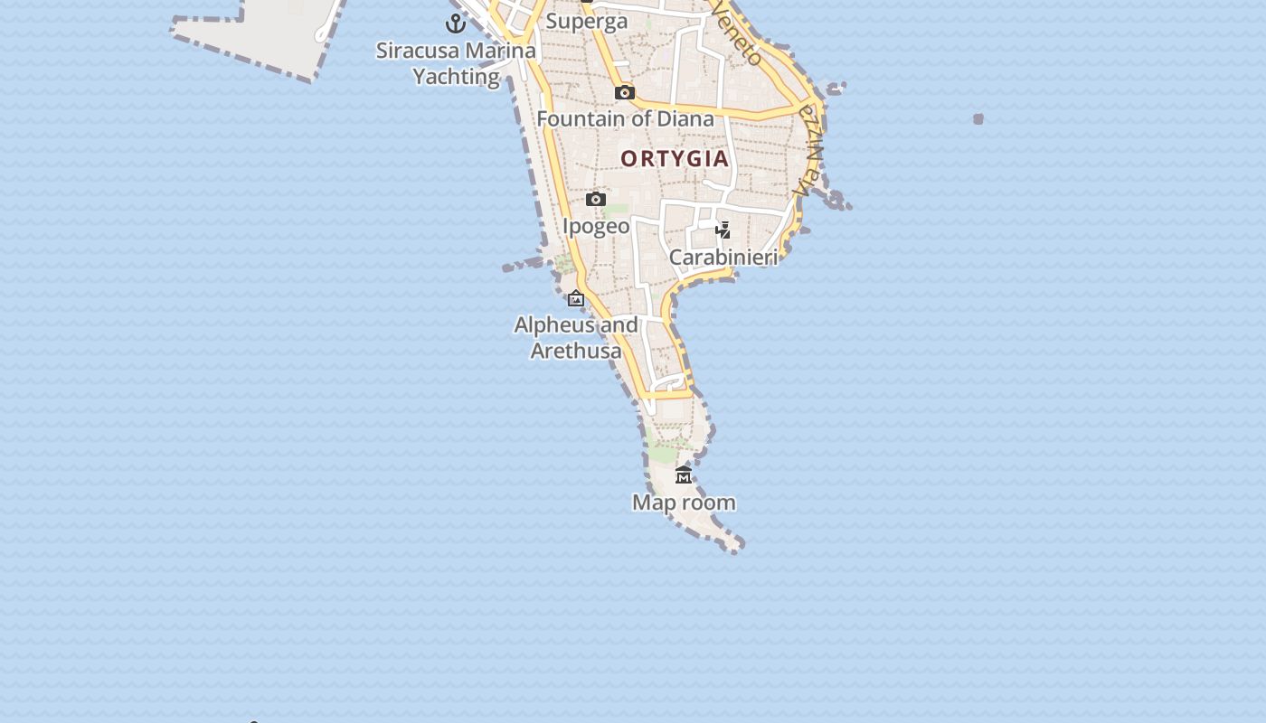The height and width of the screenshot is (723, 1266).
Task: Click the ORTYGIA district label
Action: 675,159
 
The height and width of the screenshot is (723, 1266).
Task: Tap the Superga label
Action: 587,21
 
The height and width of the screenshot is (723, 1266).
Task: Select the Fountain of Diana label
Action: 625,118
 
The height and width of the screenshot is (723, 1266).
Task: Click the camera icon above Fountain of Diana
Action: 624,92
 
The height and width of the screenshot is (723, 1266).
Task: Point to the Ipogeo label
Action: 596,226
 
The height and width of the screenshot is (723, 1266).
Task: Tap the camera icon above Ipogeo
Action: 595,199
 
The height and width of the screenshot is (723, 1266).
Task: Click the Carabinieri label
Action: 723,258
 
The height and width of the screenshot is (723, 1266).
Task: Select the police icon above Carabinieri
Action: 723,230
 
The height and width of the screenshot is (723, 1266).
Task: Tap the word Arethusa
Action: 576,351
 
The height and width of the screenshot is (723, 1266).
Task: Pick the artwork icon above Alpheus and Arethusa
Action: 576,298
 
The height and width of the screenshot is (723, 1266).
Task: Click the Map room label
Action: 684,502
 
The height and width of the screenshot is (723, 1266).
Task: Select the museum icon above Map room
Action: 684,475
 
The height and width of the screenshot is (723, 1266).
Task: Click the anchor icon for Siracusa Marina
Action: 456,23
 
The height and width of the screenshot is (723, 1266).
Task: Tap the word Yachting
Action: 457,77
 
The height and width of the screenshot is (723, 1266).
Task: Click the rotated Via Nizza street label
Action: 808,149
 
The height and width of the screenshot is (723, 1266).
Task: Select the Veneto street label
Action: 738,34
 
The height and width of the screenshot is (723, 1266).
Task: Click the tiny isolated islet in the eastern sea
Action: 978,118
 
